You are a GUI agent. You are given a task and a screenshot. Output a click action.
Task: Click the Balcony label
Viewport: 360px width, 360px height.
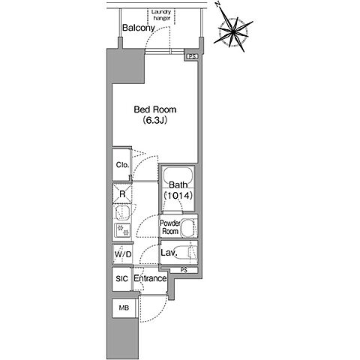coord(139,28)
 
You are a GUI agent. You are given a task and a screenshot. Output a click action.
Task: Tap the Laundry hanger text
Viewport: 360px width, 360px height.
coord(161,15)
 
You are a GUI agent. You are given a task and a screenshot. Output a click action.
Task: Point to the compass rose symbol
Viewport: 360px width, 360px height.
coord(233,31)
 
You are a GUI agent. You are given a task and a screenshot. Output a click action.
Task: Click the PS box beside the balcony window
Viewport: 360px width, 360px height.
coord(192,57)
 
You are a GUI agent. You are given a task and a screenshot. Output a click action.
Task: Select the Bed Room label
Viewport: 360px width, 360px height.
coord(155,109)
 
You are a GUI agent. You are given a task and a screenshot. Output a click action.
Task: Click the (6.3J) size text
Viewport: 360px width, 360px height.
coord(155,121)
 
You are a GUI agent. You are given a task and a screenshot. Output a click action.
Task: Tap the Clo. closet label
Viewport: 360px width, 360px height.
coord(122,165)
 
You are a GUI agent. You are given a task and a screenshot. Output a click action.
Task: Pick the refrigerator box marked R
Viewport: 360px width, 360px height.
coord(122,194)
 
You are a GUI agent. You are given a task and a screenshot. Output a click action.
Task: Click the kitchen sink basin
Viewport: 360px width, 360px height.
coord(122,213)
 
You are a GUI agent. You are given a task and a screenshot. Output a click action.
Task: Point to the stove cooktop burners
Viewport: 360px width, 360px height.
coord(123,230)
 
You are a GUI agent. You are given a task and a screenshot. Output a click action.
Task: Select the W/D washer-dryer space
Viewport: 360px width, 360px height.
coord(122,254)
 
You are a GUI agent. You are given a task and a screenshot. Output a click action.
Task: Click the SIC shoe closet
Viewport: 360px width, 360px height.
coord(122,279)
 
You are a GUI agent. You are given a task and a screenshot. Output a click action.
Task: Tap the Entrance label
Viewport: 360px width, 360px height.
coord(150,278)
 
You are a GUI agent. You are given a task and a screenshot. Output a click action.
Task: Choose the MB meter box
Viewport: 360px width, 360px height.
coord(124,307)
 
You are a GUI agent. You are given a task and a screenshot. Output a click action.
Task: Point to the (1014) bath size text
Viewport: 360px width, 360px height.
coord(178,196)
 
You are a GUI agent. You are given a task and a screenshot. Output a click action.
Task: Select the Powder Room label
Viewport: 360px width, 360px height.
coord(170,227)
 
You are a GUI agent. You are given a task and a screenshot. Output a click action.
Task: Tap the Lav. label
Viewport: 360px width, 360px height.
coord(169,253)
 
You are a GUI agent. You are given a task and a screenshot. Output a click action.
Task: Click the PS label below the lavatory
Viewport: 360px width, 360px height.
coord(184,270)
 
